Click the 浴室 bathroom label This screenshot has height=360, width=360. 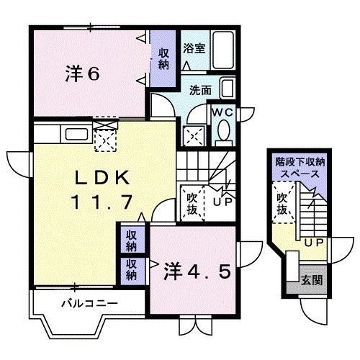point(194,48)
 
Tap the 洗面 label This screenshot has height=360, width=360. point(199,91)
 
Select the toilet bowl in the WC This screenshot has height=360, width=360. point(223,131)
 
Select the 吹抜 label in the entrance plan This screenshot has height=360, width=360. point(283,204)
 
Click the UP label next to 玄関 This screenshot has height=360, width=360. point(313,244)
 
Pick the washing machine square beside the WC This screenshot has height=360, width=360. point(193,133)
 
